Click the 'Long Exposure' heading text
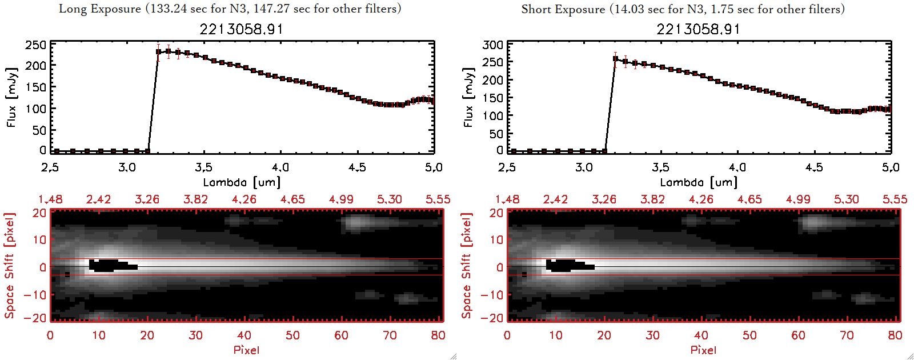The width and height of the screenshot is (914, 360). pyautogui.click(x=100, y=9)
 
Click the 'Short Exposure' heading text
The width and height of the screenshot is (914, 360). pyautogui.click(x=563, y=9)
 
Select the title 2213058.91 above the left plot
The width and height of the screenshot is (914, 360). pyautogui.click(x=241, y=29)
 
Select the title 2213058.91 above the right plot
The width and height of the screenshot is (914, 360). pyautogui.click(x=698, y=29)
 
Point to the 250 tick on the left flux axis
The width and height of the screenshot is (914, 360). pyautogui.click(x=35, y=45)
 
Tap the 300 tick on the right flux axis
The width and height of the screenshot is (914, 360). pyautogui.click(x=492, y=45)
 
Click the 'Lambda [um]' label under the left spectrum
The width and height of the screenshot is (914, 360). pyautogui.click(x=242, y=182)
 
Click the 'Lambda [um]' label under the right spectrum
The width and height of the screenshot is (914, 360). pyautogui.click(x=699, y=182)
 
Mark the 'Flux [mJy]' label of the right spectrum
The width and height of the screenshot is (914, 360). pyautogui.click(x=468, y=97)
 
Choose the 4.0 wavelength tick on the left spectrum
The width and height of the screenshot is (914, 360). pyautogui.click(x=280, y=167)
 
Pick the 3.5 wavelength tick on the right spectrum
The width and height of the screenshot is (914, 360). pyautogui.click(x=660, y=167)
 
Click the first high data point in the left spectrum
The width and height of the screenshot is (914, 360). pyautogui.click(x=159, y=52)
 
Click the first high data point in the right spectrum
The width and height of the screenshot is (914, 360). pyautogui.click(x=615, y=59)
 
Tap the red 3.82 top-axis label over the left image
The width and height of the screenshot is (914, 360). pyautogui.click(x=195, y=199)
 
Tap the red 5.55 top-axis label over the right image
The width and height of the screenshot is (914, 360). pyautogui.click(x=895, y=199)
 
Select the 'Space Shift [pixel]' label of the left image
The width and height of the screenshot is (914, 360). pyautogui.click(x=10, y=266)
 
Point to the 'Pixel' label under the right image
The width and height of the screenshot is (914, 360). pyautogui.click(x=703, y=350)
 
